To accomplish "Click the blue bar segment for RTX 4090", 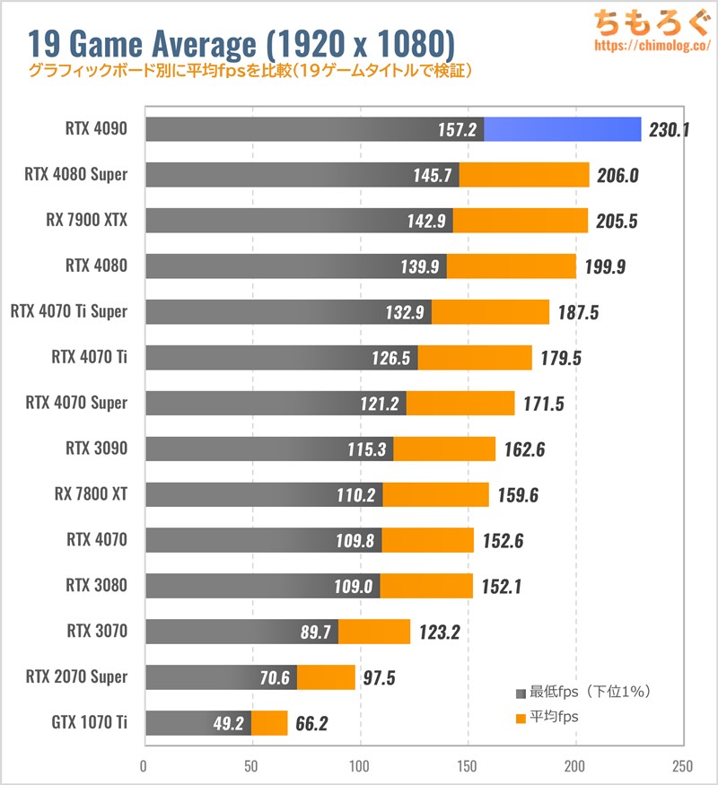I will pos(563,129).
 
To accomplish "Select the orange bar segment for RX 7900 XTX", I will pos(521,221).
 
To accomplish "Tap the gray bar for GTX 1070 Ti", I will pos(197,723).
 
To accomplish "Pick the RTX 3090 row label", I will pos(96,449).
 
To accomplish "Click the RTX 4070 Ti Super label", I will pos(69,311).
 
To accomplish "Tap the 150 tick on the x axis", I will pos(468,767).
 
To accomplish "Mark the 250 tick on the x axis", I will pos(681,767).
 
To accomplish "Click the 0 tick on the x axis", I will pos(144,767).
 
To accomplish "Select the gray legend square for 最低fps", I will pos(521,693).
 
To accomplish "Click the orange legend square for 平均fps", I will pos(521,719).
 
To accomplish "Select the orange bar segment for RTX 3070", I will pos(374,632).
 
